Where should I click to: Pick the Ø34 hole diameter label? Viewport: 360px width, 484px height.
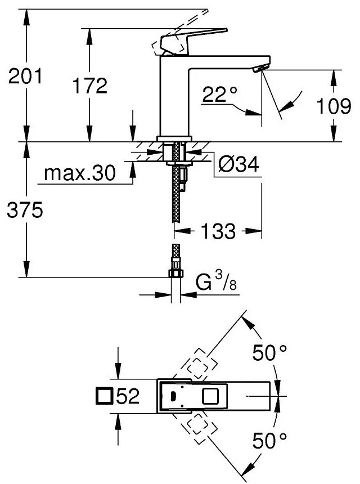click(x=238, y=165)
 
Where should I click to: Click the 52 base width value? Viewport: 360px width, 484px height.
click(x=128, y=397)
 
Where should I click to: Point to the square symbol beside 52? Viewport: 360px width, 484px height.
click(x=104, y=397)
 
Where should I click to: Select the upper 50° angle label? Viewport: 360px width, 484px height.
click(x=269, y=353)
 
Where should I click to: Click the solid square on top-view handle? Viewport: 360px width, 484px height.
click(x=211, y=396)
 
